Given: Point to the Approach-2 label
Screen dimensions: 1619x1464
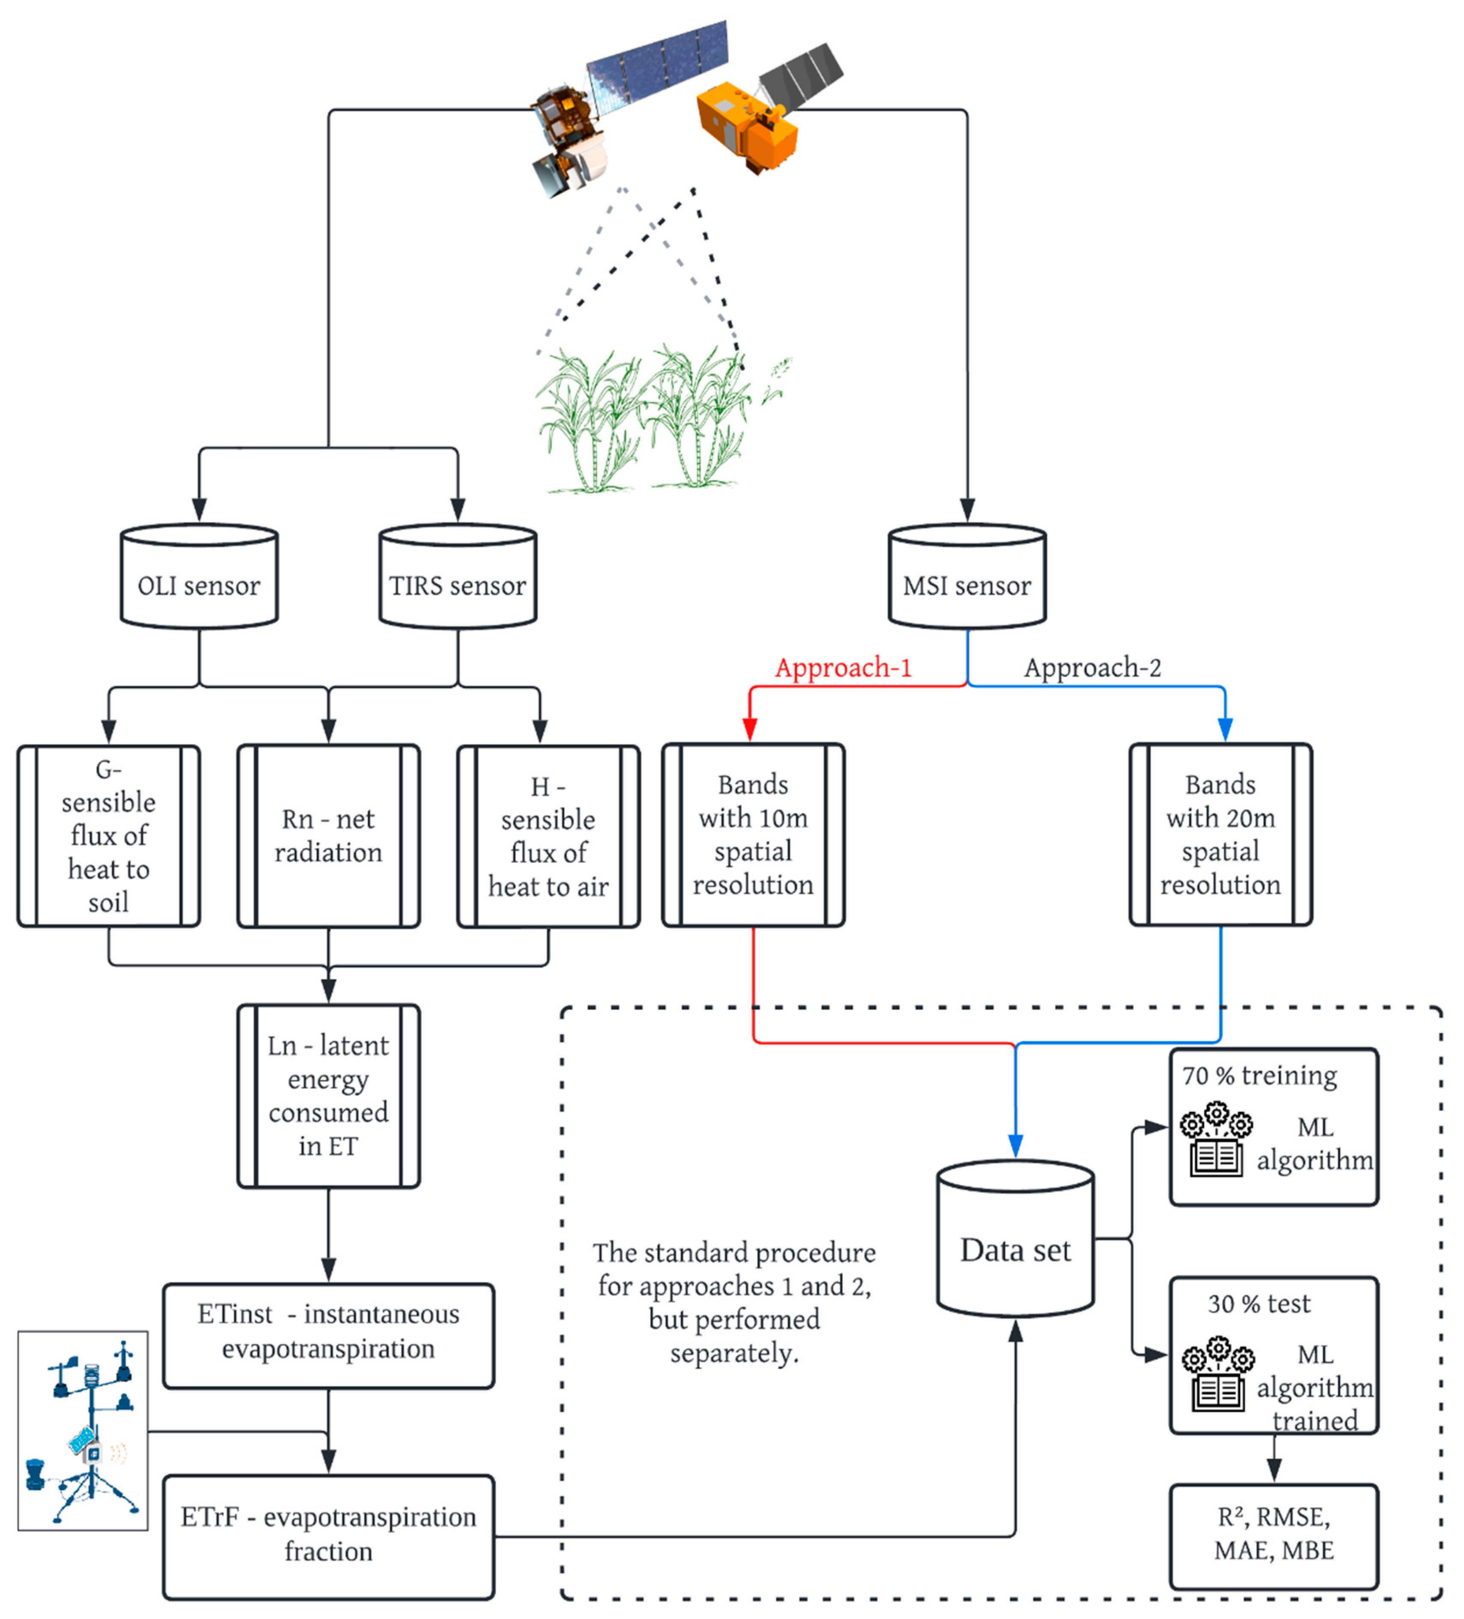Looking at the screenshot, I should tap(1092, 667).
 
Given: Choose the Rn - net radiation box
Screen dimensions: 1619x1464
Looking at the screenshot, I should tap(328, 835).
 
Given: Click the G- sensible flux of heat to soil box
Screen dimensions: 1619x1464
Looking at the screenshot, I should tap(108, 835).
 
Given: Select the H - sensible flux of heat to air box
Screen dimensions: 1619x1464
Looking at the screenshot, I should tap(548, 836).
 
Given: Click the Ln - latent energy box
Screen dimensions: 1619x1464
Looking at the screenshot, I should tap(328, 1096).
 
